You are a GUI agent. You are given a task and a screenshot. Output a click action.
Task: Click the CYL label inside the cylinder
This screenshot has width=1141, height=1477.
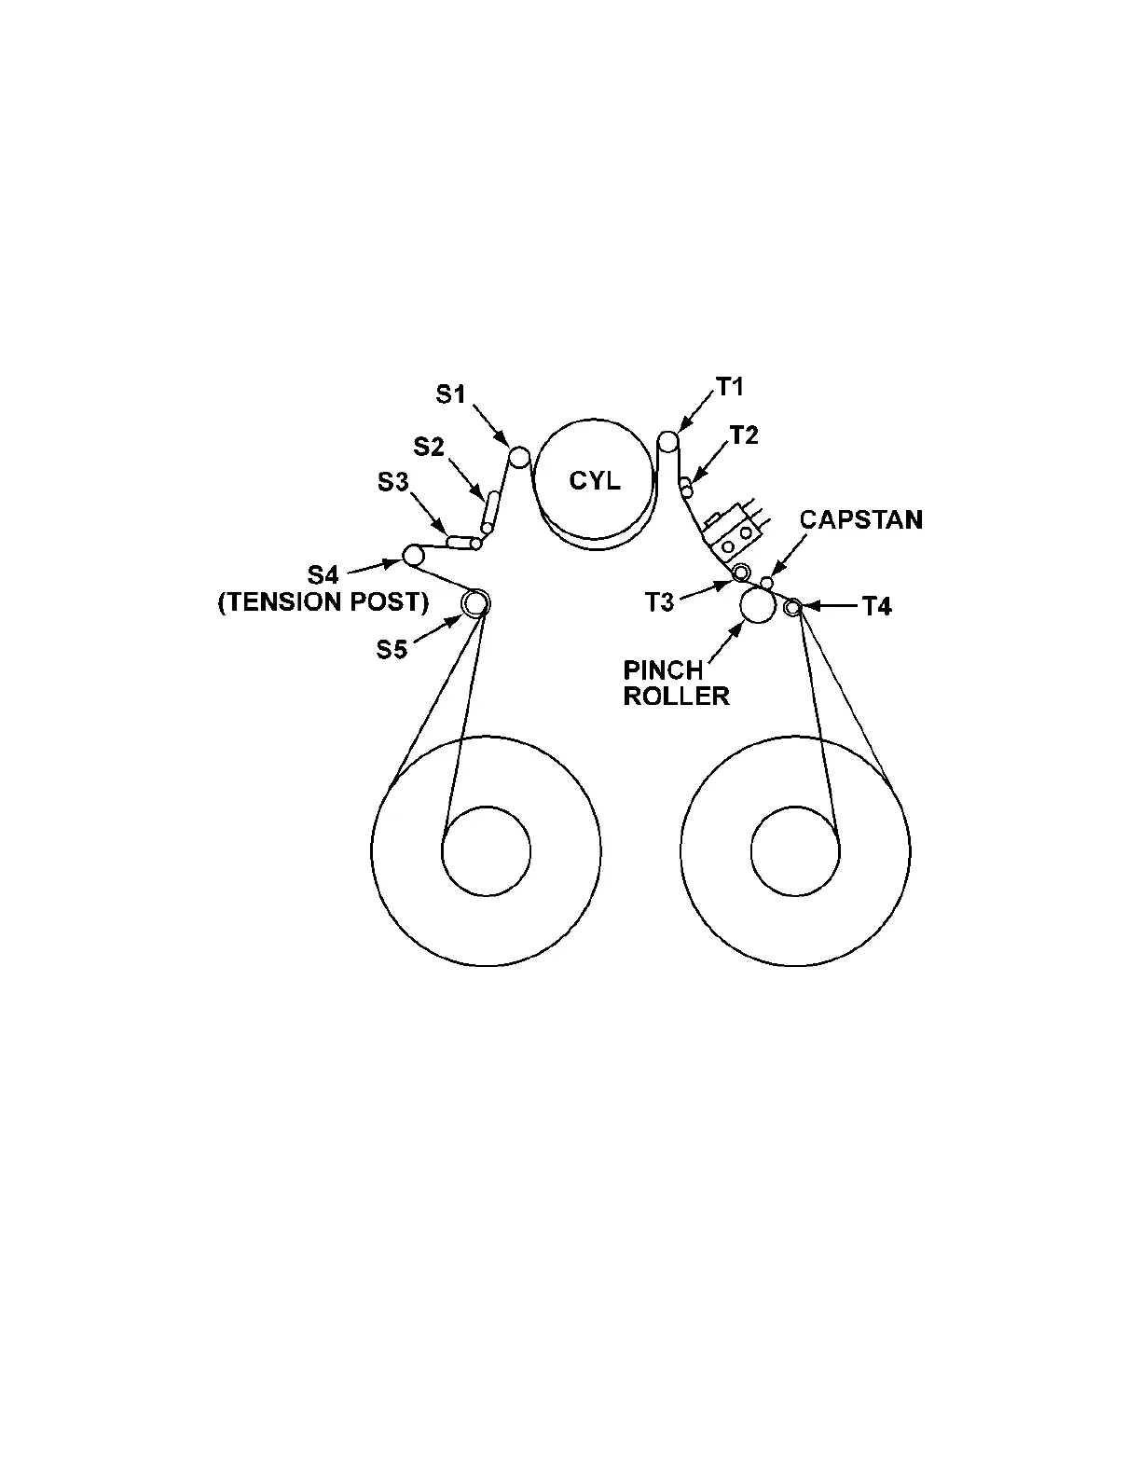[594, 481]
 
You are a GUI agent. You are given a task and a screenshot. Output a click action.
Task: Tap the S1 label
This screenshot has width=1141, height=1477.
[451, 394]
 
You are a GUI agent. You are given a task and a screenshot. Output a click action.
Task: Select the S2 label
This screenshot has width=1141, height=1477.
[429, 447]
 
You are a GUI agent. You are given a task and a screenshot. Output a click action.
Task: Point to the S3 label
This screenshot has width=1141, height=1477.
[392, 482]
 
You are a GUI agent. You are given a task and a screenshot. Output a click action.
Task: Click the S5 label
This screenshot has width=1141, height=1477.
[392, 649]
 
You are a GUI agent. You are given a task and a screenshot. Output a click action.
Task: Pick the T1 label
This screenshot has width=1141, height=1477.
[730, 387]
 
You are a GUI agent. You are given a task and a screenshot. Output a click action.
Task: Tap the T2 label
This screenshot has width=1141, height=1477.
[744, 435]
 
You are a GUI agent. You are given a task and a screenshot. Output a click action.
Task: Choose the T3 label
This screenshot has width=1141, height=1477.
[659, 602]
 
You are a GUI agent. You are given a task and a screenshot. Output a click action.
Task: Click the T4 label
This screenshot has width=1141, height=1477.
[876, 607]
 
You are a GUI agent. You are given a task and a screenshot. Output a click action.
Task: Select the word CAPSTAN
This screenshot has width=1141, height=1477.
[861, 519]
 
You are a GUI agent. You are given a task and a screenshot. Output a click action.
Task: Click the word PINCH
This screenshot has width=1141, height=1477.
[663, 670]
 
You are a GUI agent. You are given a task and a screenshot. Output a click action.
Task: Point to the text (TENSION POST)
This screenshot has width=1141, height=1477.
[323, 602]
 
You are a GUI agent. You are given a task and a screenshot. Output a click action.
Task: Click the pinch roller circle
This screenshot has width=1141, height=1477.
[757, 606]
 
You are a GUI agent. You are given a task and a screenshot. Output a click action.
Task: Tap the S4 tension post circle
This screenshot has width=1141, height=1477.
[413, 556]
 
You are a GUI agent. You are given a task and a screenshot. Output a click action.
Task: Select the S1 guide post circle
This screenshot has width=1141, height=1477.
[519, 457]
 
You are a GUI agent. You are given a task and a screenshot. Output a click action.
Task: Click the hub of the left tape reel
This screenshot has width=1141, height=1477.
[487, 850]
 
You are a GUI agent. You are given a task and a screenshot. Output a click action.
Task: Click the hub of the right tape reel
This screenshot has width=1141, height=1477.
[795, 850]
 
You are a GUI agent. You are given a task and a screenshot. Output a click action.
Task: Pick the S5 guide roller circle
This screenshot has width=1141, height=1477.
[475, 603]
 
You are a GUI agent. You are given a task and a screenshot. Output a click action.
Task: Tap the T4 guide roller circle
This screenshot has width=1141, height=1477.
[792, 608]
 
